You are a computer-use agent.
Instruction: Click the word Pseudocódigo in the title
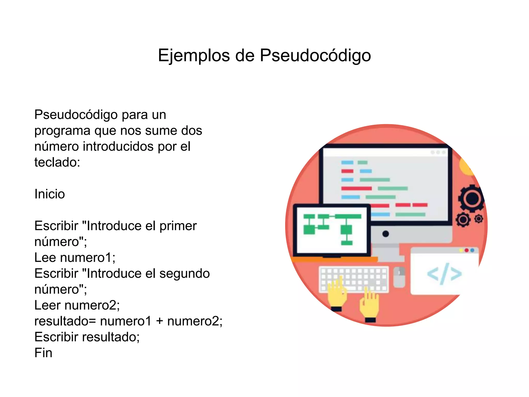pos(315,55)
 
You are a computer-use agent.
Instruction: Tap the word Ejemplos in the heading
pos(194,55)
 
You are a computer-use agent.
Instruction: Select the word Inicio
pos(50,194)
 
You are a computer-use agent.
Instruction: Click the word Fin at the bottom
pos(43,353)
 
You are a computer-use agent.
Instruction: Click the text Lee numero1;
pos(75,257)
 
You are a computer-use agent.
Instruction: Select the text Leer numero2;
pos(77,305)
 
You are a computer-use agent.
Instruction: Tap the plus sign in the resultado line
pos(159,321)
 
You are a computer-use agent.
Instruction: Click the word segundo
pos(184,273)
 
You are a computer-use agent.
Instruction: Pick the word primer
pos(178,226)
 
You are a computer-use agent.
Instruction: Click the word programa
pos(62,131)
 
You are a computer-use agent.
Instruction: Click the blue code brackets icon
pos(444,274)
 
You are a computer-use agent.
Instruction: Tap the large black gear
pos(472,198)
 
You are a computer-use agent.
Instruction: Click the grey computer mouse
pos(399,277)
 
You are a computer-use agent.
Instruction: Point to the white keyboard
pos(354,279)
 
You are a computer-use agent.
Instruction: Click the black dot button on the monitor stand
pos(386,234)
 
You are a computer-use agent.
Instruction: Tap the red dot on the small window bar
pos(466,250)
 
